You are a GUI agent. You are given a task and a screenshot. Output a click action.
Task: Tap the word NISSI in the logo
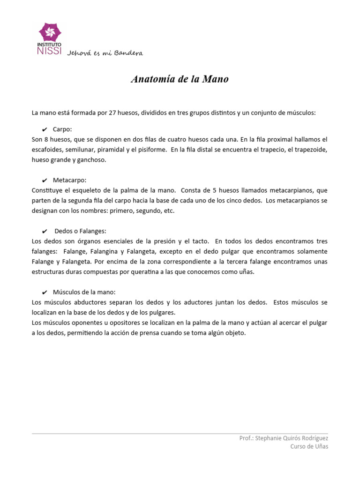pyautogui.click(x=48, y=51)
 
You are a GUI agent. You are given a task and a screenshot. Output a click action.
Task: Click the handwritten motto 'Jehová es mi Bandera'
pyautogui.click(x=105, y=53)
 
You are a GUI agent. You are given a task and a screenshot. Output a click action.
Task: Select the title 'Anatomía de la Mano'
pyautogui.click(x=180, y=79)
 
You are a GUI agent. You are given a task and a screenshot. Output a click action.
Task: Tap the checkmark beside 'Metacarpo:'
pyautogui.click(x=44, y=180)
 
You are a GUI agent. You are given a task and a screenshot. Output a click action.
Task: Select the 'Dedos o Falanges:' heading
pyautogui.click(x=80, y=231)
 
